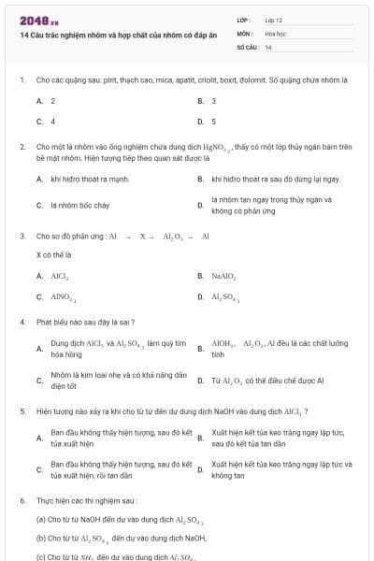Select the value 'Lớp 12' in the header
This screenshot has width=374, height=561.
pyautogui.click(x=274, y=20)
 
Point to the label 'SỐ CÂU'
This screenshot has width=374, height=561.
pyautogui.click(x=246, y=46)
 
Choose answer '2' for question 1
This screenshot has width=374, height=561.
pyautogui.click(x=52, y=100)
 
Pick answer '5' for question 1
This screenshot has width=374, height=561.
pyautogui.click(x=214, y=121)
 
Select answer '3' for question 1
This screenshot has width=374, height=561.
pyautogui.click(x=214, y=100)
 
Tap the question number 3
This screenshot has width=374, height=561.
pyautogui.click(x=22, y=237)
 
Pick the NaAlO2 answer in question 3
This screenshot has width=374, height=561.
pyautogui.click(x=223, y=277)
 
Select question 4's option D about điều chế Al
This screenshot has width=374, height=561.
pyautogui.click(x=266, y=381)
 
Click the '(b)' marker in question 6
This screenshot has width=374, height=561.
pyautogui.click(x=41, y=538)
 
